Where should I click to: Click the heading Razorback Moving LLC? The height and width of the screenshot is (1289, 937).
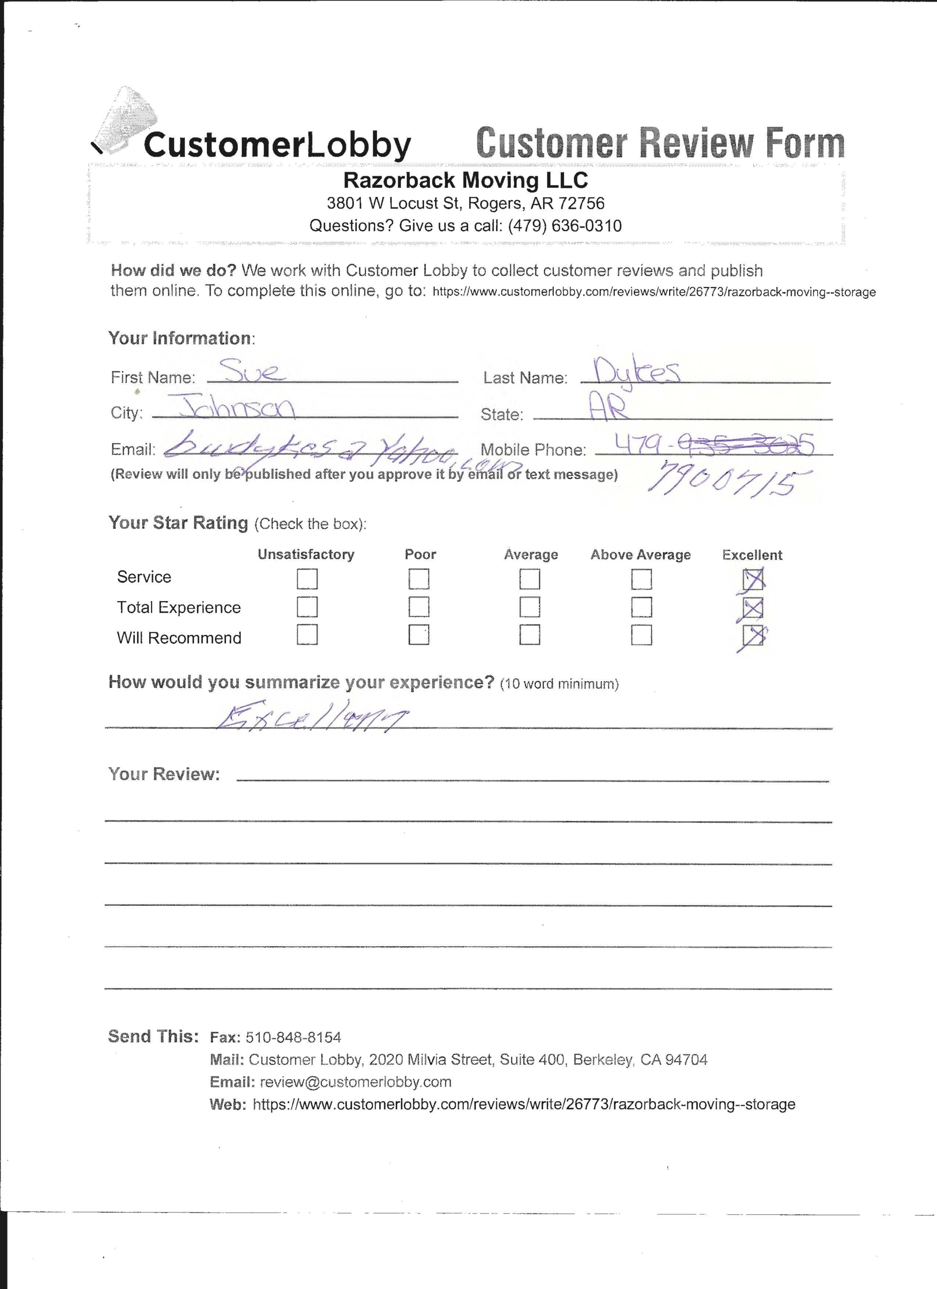465,180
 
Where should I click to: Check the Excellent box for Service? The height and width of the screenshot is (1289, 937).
752,579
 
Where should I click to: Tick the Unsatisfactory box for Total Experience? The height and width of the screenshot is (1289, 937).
307,607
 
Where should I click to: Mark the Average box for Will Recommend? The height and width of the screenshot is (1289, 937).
530,635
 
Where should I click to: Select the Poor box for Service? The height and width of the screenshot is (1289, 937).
419,579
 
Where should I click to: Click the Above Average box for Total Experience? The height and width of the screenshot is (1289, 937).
641,607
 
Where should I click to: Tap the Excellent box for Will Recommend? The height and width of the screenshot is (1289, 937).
752,635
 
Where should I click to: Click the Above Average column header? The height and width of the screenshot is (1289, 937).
640,555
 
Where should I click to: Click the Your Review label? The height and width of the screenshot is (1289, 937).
164,774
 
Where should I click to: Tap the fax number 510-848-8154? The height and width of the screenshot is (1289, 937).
293,1037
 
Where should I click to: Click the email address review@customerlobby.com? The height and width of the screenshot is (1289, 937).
355,1082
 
